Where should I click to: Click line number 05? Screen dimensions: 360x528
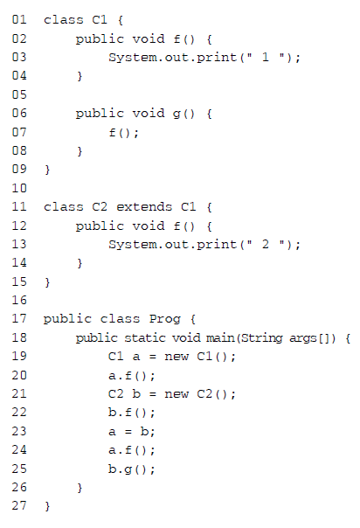[19, 94]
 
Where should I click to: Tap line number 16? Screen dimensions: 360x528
[19, 300]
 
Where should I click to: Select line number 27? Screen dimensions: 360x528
[19, 505]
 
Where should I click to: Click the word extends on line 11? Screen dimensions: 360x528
[144, 207]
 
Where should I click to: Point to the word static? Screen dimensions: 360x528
[145, 337]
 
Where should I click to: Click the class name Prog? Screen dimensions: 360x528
[164, 319]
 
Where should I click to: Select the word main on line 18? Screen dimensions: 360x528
[220, 337]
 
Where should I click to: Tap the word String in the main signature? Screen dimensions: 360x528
[262, 337]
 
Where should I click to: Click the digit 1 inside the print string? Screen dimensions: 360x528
[266, 57]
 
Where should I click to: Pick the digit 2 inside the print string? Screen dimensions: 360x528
[266, 244]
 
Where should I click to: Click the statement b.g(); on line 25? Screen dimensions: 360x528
[132, 469]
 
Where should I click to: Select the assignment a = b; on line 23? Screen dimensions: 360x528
[132, 431]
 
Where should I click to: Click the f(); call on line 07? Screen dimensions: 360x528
[123, 132]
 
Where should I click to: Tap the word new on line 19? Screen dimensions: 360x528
[177, 357]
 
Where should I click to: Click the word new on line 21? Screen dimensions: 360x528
[177, 394]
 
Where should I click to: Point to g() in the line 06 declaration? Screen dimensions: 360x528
[183, 114]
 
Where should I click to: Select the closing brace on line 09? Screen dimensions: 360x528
[47, 170]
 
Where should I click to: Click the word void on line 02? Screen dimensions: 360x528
[149, 38]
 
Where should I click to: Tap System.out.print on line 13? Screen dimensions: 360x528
[173, 244]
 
